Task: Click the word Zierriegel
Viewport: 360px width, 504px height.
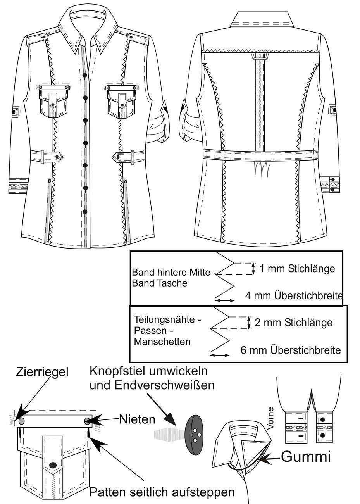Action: point(42,372)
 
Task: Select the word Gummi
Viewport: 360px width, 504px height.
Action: point(306,457)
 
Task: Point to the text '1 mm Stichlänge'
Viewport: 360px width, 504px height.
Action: point(297,269)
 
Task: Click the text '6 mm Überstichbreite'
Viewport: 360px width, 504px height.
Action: point(291,350)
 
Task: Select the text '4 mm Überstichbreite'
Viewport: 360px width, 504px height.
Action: point(294,296)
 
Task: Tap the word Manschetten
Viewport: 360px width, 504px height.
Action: point(162,342)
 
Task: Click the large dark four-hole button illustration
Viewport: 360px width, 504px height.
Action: point(193,435)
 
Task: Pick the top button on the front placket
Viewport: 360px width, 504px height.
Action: point(85,75)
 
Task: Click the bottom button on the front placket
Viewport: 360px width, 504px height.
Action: point(85,212)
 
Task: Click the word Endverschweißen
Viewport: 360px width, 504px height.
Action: point(164,386)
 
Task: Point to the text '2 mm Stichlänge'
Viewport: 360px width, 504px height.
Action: point(294,323)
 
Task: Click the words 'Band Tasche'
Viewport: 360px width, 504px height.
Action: point(159,283)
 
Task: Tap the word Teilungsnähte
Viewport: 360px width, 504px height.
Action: point(167,319)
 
